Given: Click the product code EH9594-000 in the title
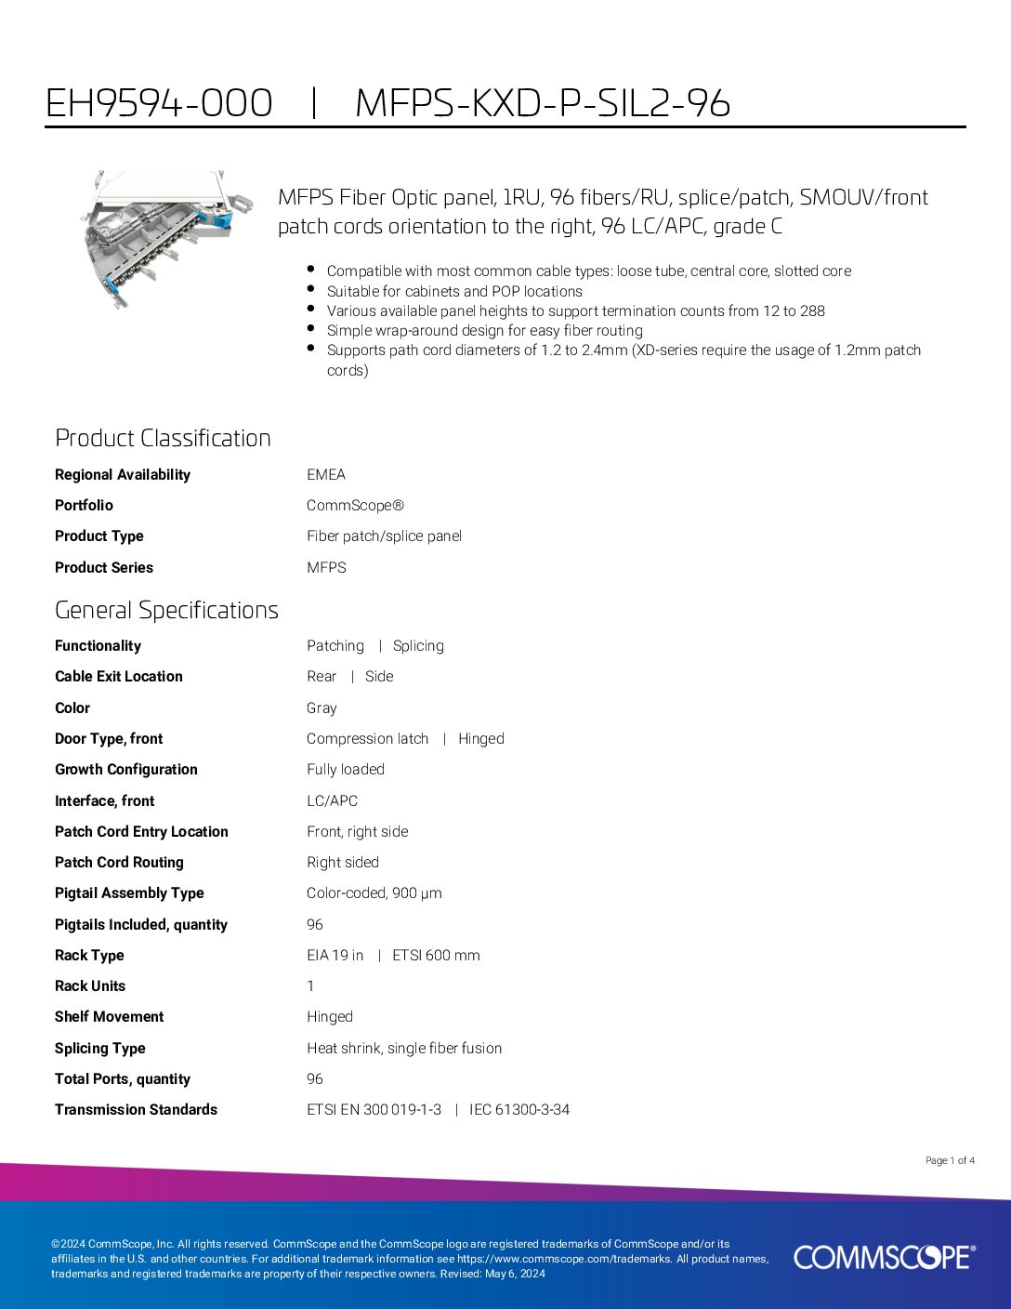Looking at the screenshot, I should pyautogui.click(x=159, y=103).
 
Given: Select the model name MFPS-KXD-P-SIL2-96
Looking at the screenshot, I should pyautogui.click(x=543, y=103).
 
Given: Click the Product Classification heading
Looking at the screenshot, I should pyautogui.click(x=163, y=438).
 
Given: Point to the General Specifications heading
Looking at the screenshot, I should pyautogui.click(x=166, y=610).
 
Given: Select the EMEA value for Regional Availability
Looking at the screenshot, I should pyautogui.click(x=326, y=474).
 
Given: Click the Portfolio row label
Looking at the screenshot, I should pyautogui.click(x=84, y=505).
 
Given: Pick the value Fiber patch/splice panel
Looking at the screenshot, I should pyautogui.click(x=384, y=536).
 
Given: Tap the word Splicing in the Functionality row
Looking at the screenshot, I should pyautogui.click(x=418, y=646).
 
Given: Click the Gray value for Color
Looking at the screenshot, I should pyautogui.click(x=322, y=708).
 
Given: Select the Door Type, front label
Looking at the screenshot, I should pyautogui.click(x=109, y=739).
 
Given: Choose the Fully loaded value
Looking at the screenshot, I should pyautogui.click(x=346, y=770).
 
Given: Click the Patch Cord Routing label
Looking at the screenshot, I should pyautogui.click(x=119, y=863).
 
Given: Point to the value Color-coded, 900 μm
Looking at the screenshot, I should pyautogui.click(x=374, y=893).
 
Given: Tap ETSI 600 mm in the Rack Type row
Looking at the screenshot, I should pyautogui.click(x=436, y=956).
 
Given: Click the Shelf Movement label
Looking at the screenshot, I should pyautogui.click(x=109, y=1017).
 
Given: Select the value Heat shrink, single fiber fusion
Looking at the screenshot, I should pyautogui.click(x=404, y=1049).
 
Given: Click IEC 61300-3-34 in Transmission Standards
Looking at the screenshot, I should pyautogui.click(x=519, y=1110).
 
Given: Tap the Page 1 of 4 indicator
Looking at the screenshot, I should pyautogui.click(x=950, y=1160).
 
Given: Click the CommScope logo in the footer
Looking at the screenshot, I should pyautogui.click(x=884, y=1257).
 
